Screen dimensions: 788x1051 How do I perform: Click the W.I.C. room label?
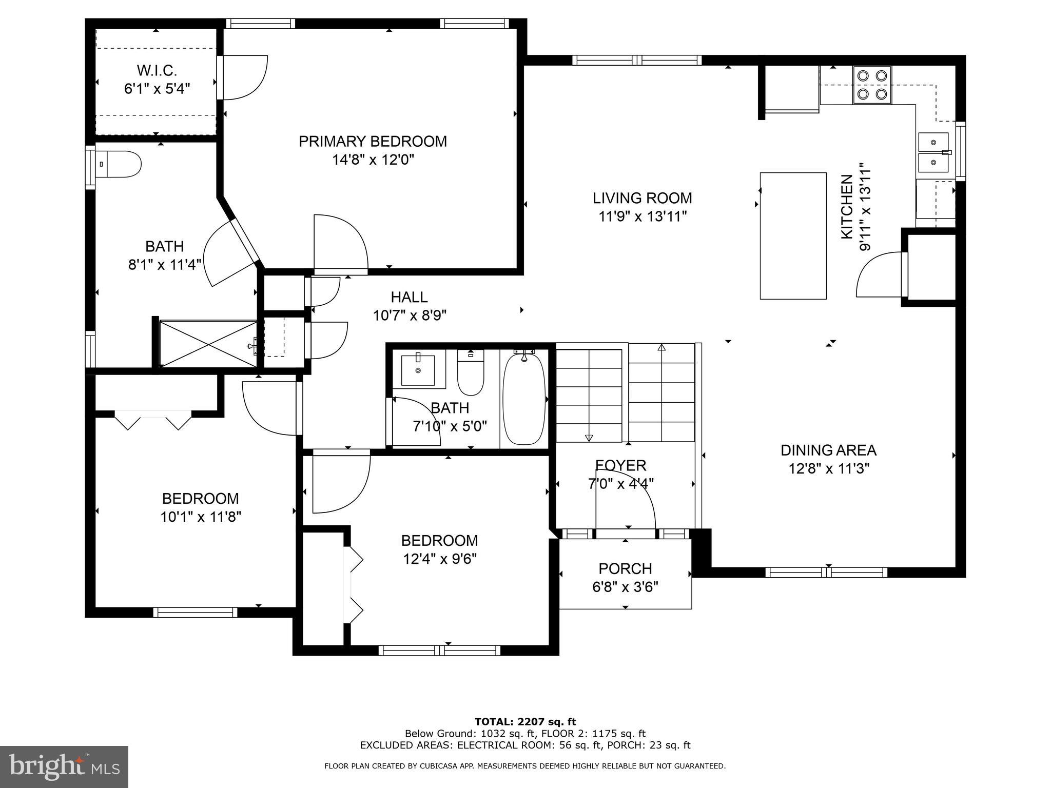(157, 70)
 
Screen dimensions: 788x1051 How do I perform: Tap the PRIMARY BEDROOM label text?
(373, 141)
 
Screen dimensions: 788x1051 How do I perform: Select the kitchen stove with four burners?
(872, 85)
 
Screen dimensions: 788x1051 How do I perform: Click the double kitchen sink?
(933, 152)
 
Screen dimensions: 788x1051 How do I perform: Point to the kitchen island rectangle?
(792, 235)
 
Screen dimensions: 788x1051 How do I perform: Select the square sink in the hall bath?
(418, 370)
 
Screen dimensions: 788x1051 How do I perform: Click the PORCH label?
(625, 568)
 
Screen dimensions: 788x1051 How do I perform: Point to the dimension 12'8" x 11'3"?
(829, 468)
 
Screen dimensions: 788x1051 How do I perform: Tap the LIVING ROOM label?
(642, 198)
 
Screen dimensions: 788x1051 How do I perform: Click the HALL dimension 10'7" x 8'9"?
(409, 315)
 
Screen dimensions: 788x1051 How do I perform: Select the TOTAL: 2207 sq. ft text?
(525, 722)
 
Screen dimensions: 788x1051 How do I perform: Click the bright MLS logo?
(64, 766)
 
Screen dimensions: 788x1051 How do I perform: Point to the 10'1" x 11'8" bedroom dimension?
(201, 517)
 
